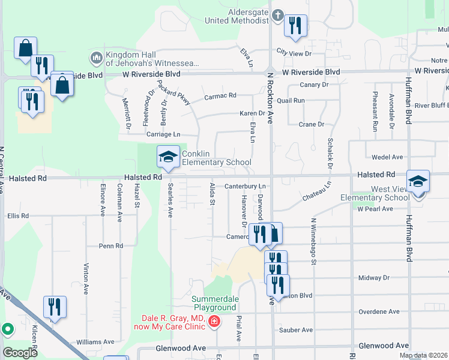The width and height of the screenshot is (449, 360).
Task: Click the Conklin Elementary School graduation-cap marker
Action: click(168, 157)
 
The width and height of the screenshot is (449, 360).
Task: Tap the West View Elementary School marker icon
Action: click(418, 181)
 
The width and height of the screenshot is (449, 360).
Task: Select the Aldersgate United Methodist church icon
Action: click(277, 14)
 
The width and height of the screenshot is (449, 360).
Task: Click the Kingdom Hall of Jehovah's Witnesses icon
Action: click(96, 58)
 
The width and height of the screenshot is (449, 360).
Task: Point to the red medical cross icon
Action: click(213, 323)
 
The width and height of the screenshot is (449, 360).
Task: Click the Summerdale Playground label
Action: click(214, 304)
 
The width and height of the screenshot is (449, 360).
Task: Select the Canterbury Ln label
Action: click(245, 187)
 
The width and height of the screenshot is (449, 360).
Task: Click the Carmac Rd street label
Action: click(220, 95)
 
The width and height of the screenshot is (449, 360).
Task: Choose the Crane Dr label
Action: click(311, 124)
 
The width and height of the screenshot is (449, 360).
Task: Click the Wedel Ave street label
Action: click(387, 157)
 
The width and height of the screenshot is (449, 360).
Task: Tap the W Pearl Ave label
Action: click(375, 209)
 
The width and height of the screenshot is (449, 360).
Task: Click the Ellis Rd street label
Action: click(17, 216)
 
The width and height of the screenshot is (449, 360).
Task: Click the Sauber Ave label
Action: click(296, 330)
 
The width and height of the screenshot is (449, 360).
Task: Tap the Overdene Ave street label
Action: click(379, 312)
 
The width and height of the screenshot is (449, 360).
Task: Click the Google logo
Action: click(20, 353)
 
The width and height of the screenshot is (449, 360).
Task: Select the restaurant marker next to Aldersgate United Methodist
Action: click(295, 26)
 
